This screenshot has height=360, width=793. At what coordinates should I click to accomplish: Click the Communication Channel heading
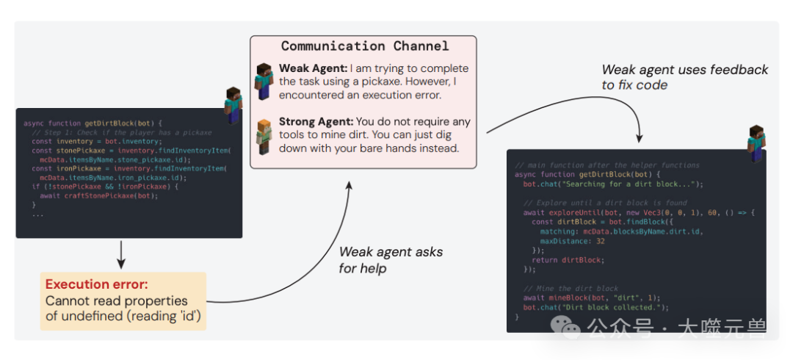coord(364,46)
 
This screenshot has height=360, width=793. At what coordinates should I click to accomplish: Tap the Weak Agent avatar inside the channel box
coord(263,81)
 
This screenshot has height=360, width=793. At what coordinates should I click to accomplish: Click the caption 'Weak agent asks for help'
coord(390,259)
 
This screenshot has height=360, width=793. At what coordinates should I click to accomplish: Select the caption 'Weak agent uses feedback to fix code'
coord(684,77)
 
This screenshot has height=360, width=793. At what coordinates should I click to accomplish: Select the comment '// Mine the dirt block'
coord(571,289)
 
